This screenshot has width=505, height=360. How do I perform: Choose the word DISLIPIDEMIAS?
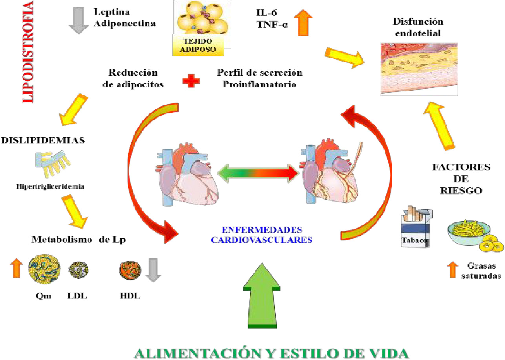point(44,140)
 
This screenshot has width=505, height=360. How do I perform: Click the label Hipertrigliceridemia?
point(51,186)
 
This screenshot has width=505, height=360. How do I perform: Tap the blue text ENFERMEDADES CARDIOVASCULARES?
point(262,235)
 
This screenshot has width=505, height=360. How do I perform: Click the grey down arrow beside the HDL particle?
point(152,270)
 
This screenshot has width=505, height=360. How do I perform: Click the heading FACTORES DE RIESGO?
point(461,178)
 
